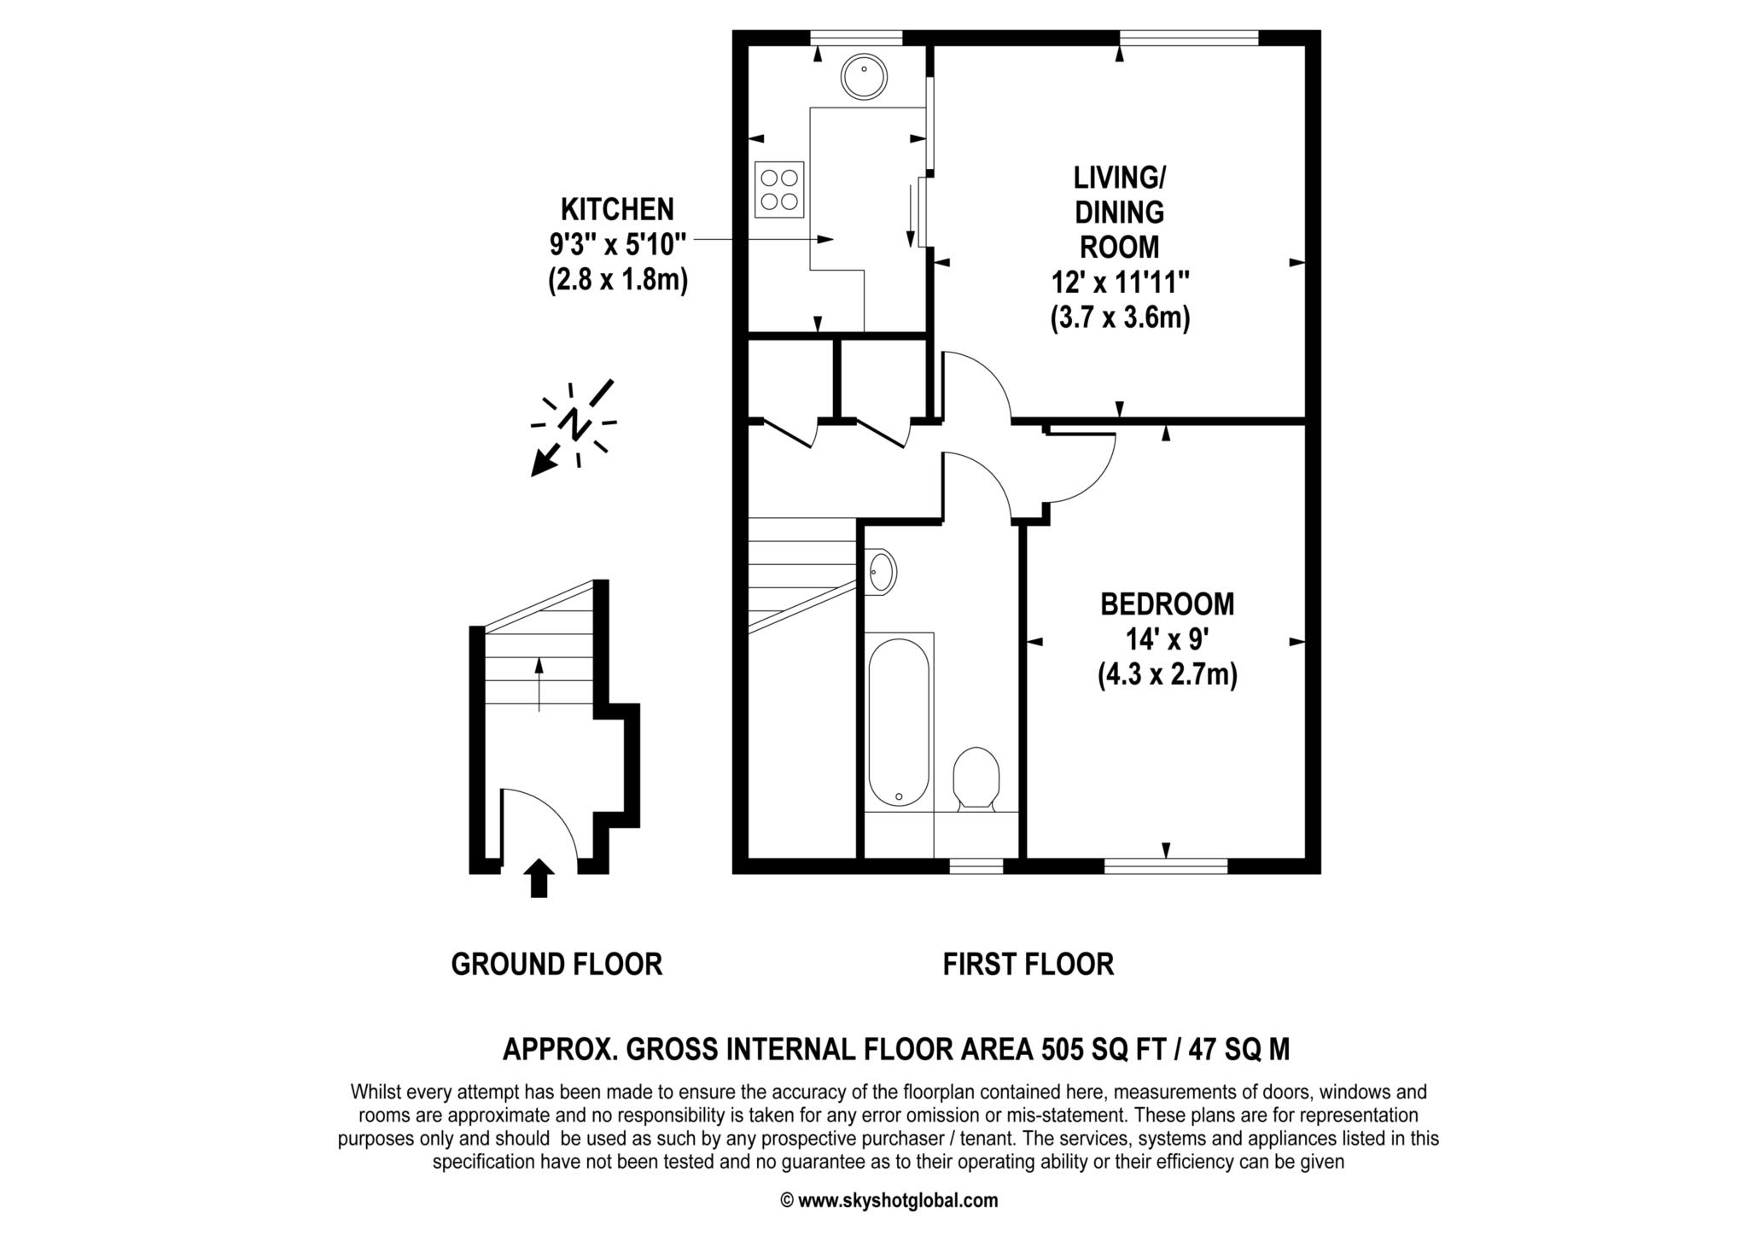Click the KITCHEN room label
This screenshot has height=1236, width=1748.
pyautogui.click(x=617, y=209)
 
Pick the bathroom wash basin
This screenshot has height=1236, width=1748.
pyautogui.click(x=883, y=571)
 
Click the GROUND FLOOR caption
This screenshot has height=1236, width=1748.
pyautogui.click(x=556, y=965)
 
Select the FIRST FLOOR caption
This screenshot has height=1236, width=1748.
pyautogui.click(x=1028, y=965)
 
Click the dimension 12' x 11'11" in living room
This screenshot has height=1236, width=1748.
pyautogui.click(x=1120, y=283)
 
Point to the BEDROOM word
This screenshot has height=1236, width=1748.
pyautogui.click(x=1167, y=604)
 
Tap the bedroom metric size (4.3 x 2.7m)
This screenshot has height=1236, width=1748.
pyautogui.click(x=1167, y=675)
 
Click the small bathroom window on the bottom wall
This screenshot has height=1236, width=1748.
pyautogui.click(x=976, y=866)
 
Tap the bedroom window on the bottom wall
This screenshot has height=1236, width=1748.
pyautogui.click(x=1166, y=866)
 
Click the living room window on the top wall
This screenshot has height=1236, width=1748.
pyautogui.click(x=1189, y=38)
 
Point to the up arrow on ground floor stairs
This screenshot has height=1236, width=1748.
pyautogui.click(x=539, y=683)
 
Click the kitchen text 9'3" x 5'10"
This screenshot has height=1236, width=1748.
pyautogui.click(x=617, y=245)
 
